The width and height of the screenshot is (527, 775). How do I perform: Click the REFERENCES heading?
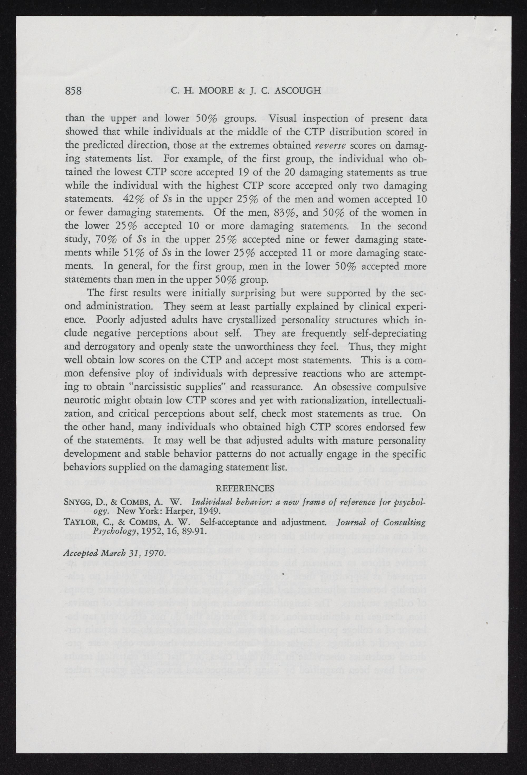click(245, 488)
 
